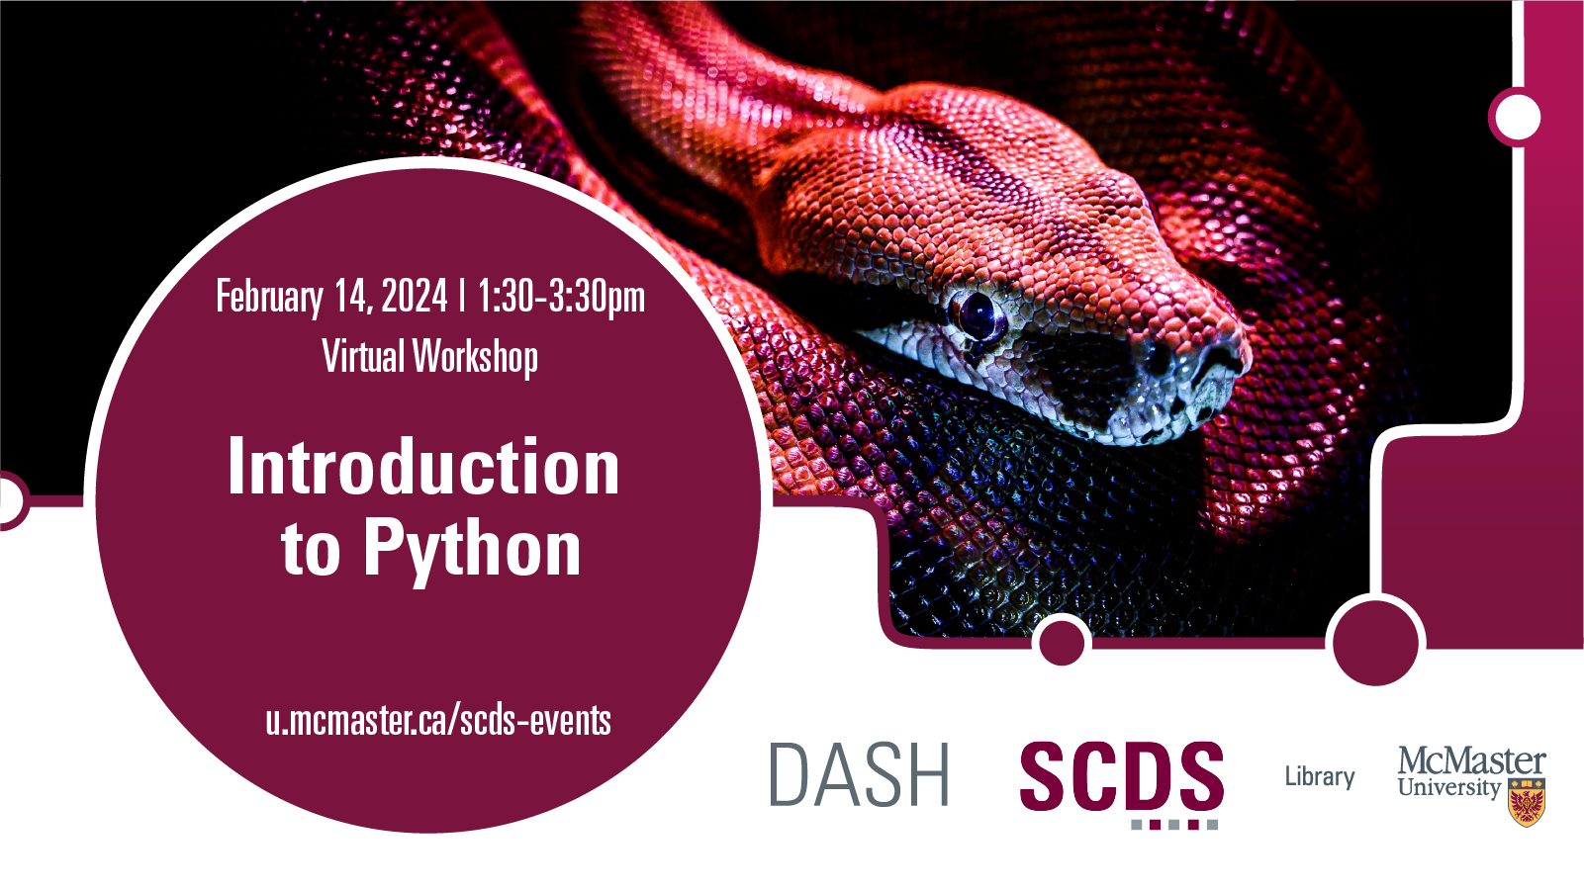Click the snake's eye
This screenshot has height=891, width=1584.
point(977,314)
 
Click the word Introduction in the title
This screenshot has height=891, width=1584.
point(423,467)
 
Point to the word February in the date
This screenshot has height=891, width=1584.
point(269,297)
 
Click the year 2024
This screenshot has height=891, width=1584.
point(415,296)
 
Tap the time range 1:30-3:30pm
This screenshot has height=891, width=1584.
point(561,297)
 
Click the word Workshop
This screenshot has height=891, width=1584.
point(475,357)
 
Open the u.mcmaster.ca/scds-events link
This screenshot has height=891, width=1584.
point(438,721)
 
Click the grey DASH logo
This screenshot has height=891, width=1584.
point(859,774)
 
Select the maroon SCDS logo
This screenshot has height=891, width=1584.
point(1122,775)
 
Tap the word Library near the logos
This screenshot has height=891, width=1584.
point(1320,776)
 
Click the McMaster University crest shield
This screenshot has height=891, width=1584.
point(1527,802)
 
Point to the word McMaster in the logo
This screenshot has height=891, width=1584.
point(1471,761)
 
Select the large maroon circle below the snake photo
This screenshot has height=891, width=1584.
point(1376,643)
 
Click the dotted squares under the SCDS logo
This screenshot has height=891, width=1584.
point(1174,825)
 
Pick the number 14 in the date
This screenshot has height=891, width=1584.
point(352,296)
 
